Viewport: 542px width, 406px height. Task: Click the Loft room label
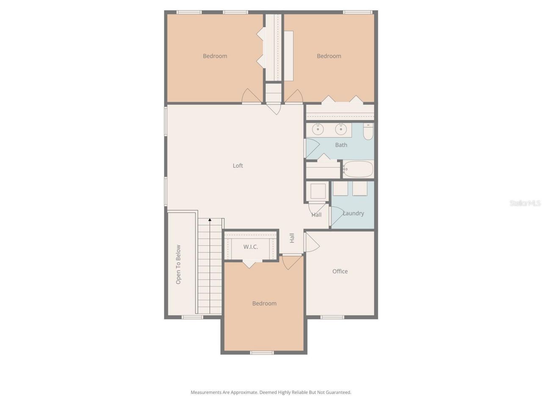point(238,166)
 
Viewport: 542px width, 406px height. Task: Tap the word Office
point(340,272)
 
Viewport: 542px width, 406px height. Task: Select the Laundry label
point(354,214)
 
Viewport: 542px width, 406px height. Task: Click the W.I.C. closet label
point(251,247)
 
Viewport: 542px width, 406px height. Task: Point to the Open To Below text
point(178,264)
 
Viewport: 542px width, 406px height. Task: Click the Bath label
point(341,145)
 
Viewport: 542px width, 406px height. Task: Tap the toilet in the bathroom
point(368,132)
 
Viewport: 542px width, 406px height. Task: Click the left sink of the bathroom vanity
point(318,129)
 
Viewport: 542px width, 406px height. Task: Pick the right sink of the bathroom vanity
point(341,129)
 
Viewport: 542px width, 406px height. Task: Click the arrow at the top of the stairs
point(210,220)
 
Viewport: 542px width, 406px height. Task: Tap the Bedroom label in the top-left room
point(215,56)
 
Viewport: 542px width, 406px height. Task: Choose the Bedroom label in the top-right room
point(329,56)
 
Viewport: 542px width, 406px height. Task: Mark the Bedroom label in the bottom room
point(264,304)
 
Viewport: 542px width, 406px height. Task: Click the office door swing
point(312,242)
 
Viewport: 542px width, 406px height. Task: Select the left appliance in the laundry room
point(340,189)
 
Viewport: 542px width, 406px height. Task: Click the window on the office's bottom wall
point(332,317)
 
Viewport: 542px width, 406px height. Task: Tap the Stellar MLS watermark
point(525,203)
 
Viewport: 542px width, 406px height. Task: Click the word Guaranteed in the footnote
point(338,392)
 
